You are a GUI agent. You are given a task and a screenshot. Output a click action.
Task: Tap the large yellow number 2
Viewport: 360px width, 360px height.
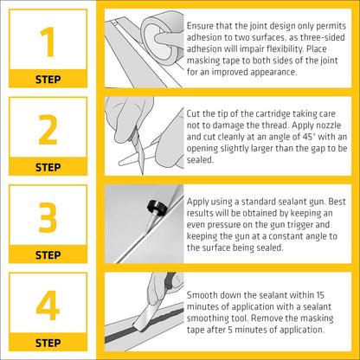pyautogui.click(x=48, y=130)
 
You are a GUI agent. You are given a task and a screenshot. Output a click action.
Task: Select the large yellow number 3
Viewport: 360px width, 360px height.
pyautogui.click(x=48, y=217)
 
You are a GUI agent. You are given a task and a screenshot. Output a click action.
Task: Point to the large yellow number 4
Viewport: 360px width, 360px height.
pyautogui.click(x=48, y=305)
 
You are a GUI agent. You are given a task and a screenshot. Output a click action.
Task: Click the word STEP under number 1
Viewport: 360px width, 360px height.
pyautogui.click(x=48, y=80)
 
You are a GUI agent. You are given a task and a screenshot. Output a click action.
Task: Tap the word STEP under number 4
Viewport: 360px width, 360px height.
pyautogui.click(x=48, y=343)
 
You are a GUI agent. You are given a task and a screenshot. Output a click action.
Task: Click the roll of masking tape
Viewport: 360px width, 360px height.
pyautogui.click(x=163, y=38)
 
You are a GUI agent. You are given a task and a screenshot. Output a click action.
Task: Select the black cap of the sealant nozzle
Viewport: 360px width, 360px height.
pyautogui.click(x=157, y=207)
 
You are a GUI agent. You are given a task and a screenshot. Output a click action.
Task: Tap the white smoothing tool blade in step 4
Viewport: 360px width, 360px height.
pyautogui.click(x=145, y=317)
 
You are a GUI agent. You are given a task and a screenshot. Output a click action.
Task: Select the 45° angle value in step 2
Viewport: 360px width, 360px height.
pyautogui.click(x=308, y=137)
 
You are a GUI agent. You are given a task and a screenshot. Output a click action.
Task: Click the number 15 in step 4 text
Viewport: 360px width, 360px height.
pyautogui.click(x=319, y=295)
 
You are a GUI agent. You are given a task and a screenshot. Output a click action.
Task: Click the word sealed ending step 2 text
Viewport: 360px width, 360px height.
pyautogui.click(x=200, y=160)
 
